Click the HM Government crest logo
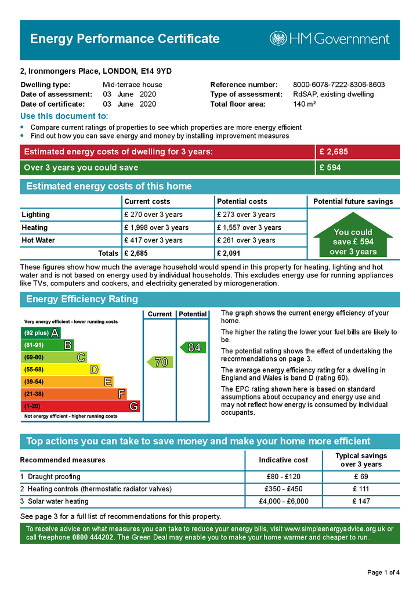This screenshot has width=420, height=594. [x=278, y=39]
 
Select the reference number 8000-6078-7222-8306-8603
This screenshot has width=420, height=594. [x=339, y=85]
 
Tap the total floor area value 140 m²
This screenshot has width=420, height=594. [x=305, y=104]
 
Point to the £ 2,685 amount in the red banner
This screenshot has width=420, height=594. [x=334, y=152]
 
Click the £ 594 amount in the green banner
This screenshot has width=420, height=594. [x=330, y=168]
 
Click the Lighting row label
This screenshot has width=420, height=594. [x=36, y=215]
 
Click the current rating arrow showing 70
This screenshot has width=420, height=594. [x=158, y=362]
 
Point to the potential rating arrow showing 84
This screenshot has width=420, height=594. [x=191, y=347]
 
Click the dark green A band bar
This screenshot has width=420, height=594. [x=41, y=333]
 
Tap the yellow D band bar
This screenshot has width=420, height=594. [x=60, y=370]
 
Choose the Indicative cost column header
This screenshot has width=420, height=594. [x=283, y=460]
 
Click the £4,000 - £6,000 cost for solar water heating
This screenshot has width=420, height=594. [x=283, y=501]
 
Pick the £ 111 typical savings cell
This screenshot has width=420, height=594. [x=361, y=489]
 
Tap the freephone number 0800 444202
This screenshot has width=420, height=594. [x=93, y=538]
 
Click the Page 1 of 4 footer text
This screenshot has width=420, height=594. [x=383, y=573]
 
